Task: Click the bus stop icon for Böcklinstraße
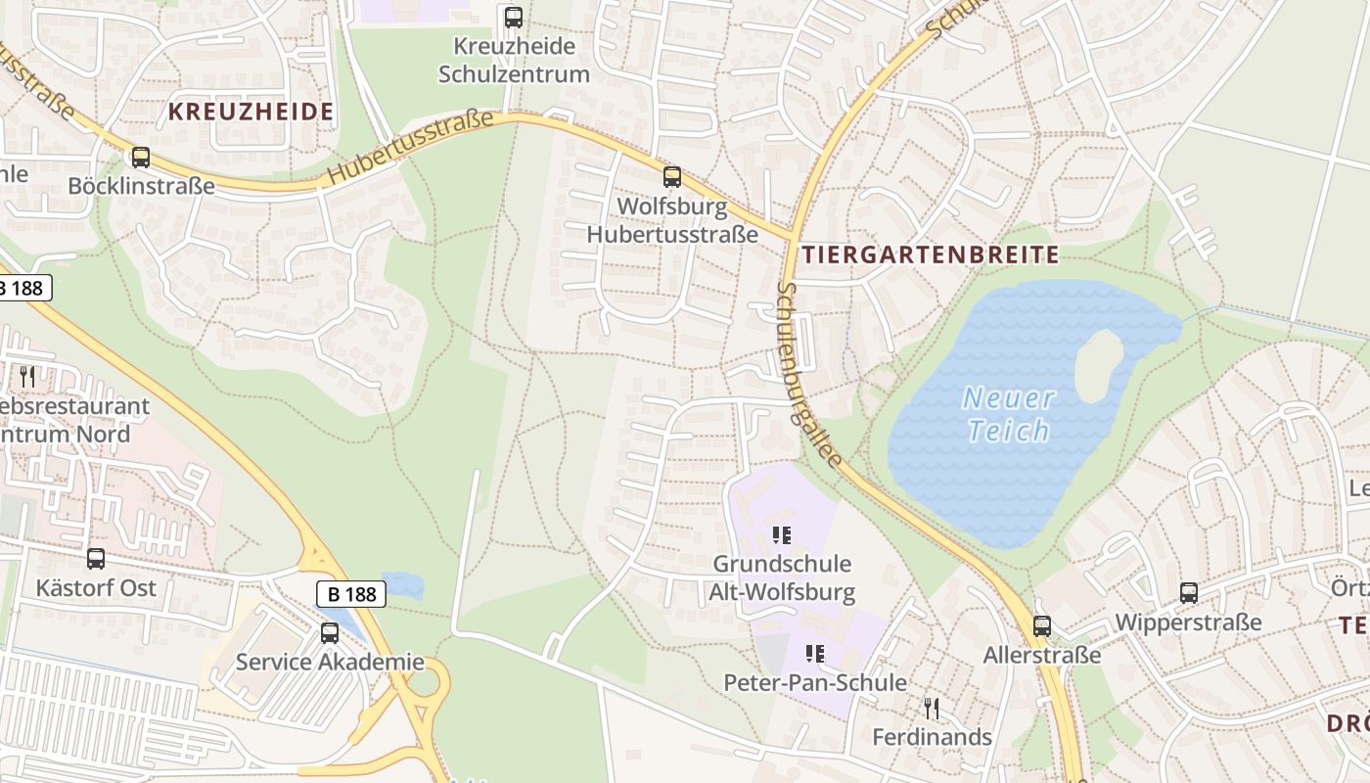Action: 141,157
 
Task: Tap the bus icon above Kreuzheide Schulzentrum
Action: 514,17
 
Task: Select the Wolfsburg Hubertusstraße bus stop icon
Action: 672,177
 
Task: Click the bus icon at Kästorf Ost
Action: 96,559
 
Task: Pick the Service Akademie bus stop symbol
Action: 330,633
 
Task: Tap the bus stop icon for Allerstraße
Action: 1042,626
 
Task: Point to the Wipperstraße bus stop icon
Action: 1189,593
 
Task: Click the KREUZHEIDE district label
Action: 251,112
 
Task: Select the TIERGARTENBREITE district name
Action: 930,255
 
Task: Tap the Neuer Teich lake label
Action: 1008,414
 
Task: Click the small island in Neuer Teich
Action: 1098,365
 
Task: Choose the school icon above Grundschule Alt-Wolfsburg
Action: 782,535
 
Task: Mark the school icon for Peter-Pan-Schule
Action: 814,654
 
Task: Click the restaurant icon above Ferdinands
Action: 932,708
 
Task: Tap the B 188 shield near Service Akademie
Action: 351,593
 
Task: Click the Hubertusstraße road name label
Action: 411,147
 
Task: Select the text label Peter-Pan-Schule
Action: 814,682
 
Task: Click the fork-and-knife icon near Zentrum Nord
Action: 27,376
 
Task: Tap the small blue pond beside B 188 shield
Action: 403,585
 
